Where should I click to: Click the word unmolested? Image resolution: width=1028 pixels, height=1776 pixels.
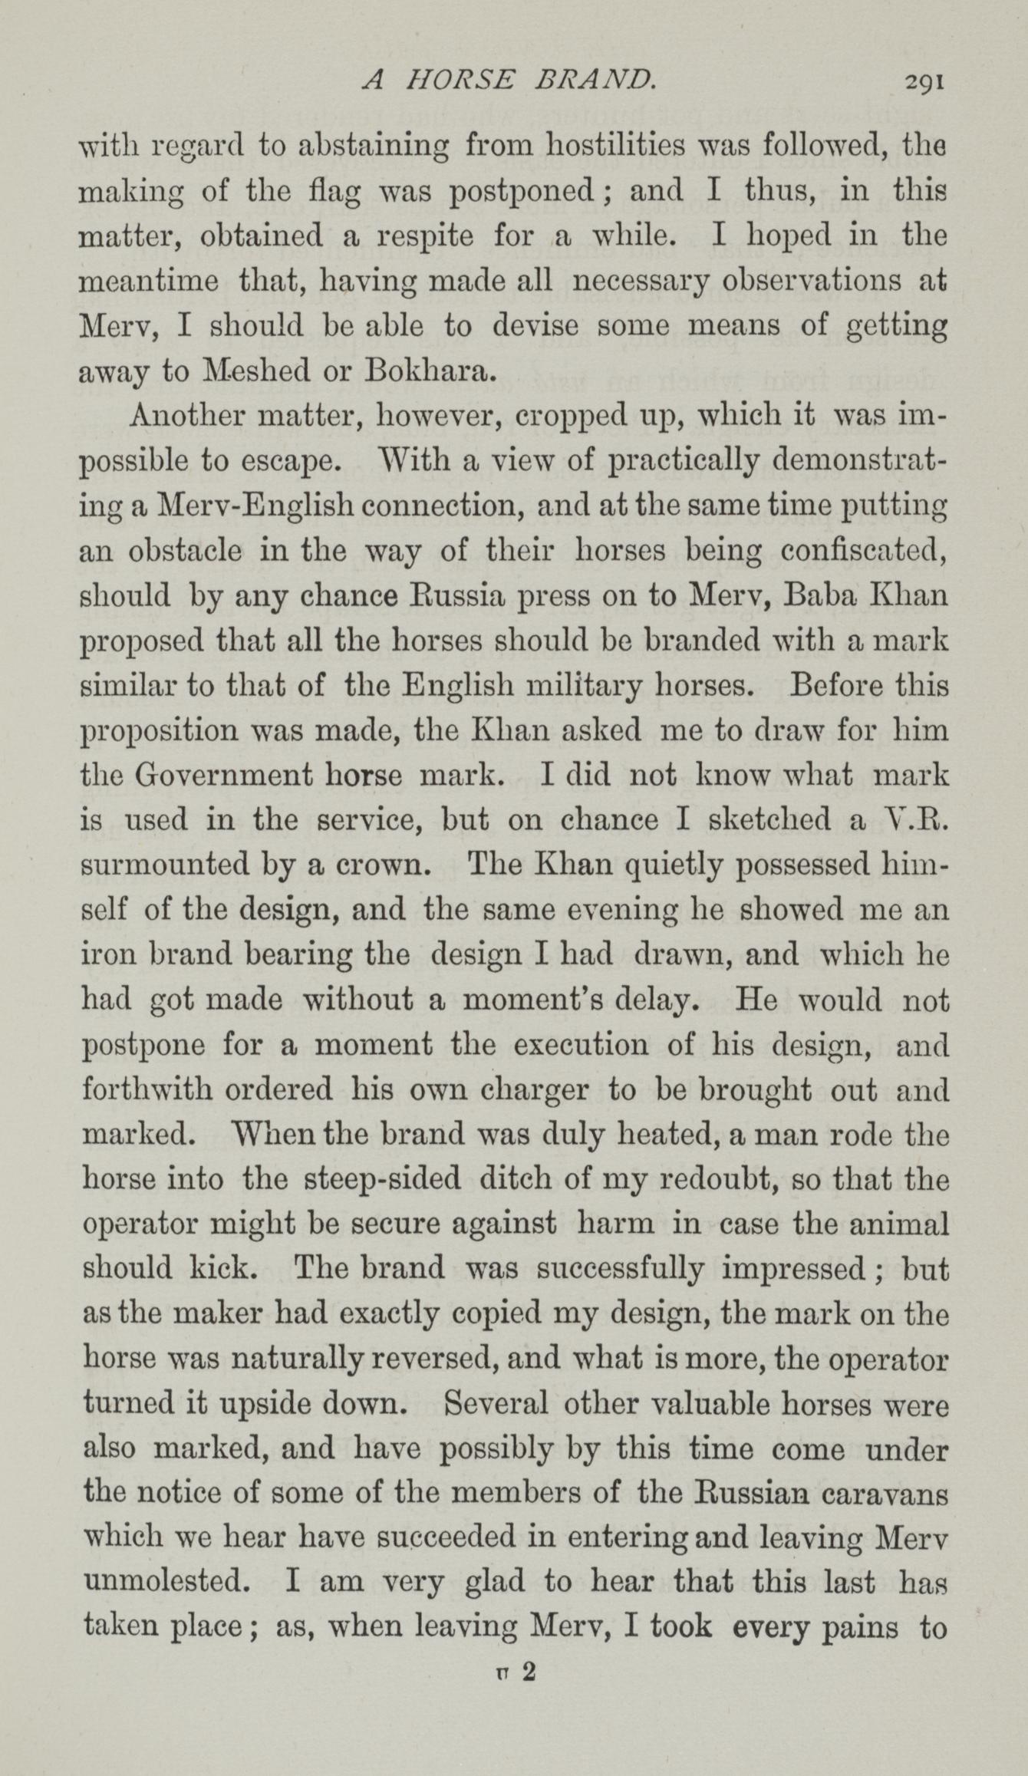170,1583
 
